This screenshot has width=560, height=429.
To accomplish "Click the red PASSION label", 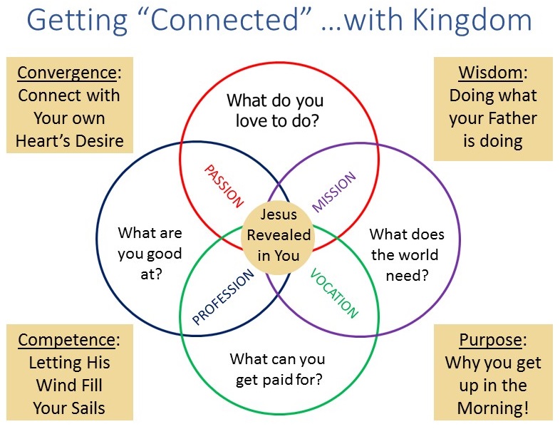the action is pyautogui.click(x=224, y=186).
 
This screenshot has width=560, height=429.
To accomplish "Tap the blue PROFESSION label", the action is pyautogui.click(x=223, y=297).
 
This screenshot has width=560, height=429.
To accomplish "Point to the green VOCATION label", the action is pyautogui.click(x=334, y=293).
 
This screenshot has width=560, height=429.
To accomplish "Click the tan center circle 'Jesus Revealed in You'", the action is pyautogui.click(x=278, y=238).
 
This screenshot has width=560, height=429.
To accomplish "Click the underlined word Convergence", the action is pyautogui.click(x=67, y=73).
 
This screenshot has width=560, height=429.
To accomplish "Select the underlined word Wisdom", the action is pyautogui.click(x=490, y=73).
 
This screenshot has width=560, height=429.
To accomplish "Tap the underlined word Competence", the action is pyautogui.click(x=67, y=340).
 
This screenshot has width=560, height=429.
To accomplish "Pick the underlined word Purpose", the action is pyautogui.click(x=490, y=340).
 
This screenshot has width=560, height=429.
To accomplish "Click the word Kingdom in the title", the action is pyautogui.click(x=472, y=20).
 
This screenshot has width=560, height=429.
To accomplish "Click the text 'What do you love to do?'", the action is pyautogui.click(x=275, y=110).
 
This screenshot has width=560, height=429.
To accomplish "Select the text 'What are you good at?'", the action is pyautogui.click(x=150, y=253).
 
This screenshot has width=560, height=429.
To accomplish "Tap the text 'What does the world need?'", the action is pyautogui.click(x=407, y=254).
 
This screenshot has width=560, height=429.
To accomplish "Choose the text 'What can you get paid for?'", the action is pyautogui.click(x=277, y=369).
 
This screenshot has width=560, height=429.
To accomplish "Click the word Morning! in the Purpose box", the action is pyautogui.click(x=493, y=408).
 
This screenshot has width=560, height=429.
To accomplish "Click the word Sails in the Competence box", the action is pyautogui.click(x=87, y=408).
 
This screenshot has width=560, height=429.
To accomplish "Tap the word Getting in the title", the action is pyautogui.click(x=77, y=21).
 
